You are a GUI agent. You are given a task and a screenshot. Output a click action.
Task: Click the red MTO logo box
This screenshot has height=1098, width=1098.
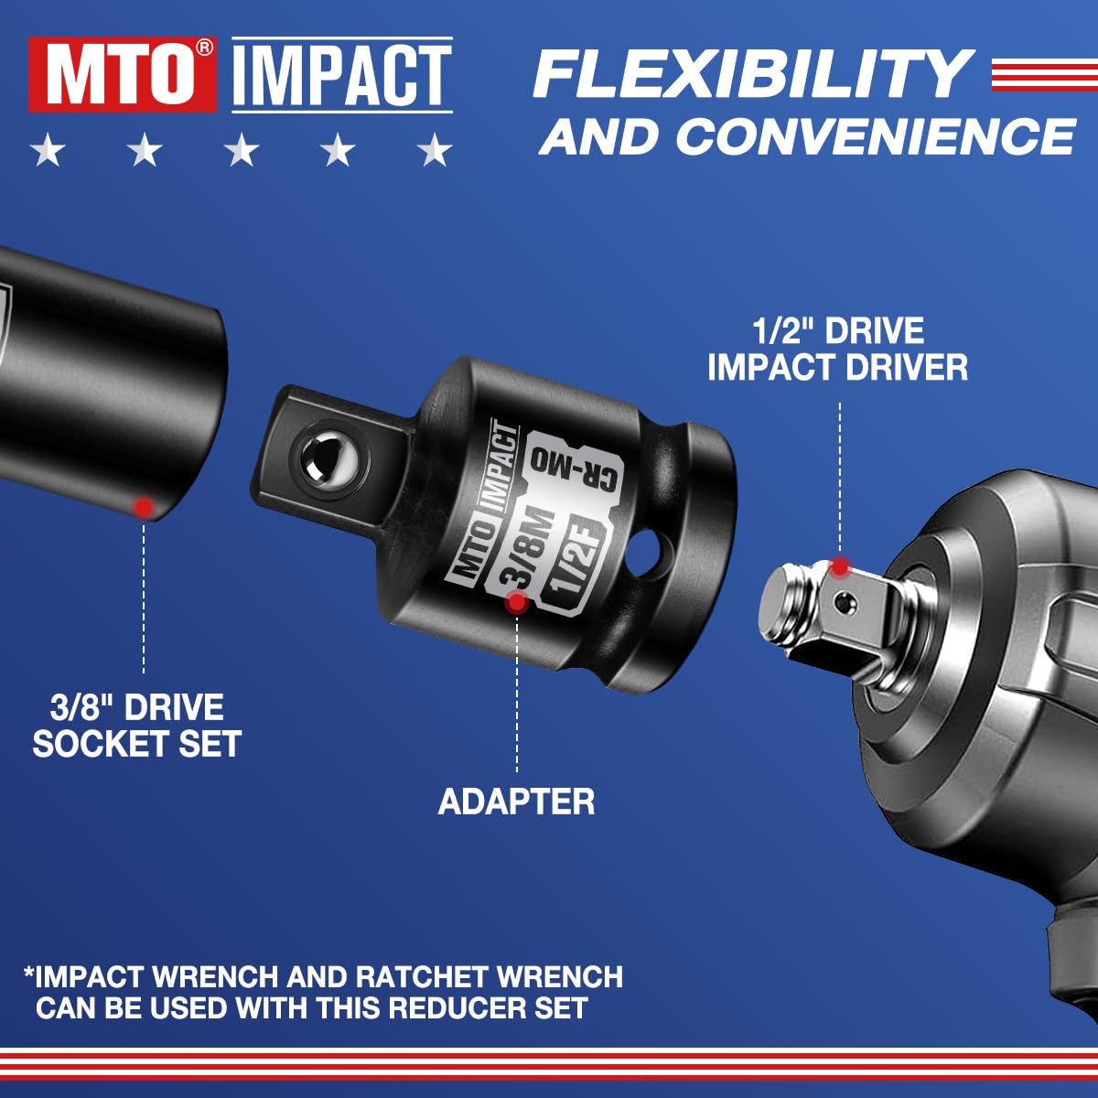click(122, 75)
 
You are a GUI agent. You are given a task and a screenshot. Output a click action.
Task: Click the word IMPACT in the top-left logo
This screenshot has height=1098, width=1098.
click(342, 75)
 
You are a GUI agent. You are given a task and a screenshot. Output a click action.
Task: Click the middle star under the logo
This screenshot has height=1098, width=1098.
click(242, 150)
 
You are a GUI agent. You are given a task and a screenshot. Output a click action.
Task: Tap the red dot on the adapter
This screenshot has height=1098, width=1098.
click(517, 601)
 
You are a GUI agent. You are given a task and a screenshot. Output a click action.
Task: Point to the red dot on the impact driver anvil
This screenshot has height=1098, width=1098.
click(839, 566)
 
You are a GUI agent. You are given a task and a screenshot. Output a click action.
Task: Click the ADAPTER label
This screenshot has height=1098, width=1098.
click(516, 802)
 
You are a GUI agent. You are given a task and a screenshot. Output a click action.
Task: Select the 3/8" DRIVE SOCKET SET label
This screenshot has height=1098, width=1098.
click(137, 726)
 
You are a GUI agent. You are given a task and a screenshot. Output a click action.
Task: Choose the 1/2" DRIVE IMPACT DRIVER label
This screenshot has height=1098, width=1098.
click(837, 350)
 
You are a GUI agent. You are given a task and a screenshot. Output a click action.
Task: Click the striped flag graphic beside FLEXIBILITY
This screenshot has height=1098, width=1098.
click(1043, 75)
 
